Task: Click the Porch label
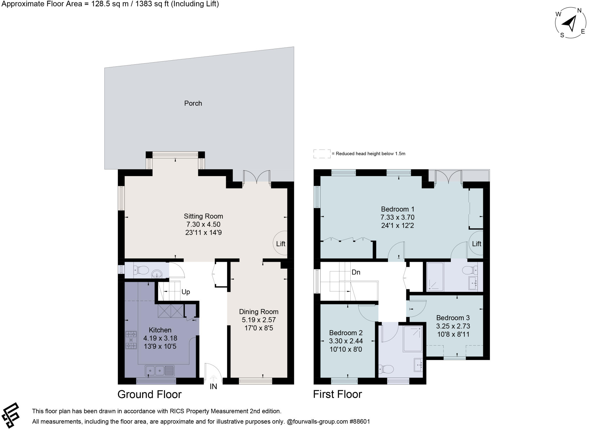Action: (x=193, y=103)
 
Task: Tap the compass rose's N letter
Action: (x=579, y=11)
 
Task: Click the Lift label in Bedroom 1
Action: (x=477, y=244)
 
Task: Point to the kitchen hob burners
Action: (x=131, y=340)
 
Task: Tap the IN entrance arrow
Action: (x=213, y=378)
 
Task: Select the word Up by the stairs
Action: (x=186, y=292)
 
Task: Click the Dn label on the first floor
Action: (x=356, y=272)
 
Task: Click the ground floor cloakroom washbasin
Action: (x=157, y=273)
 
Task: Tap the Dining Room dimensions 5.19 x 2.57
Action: (x=259, y=320)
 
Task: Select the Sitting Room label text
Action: (x=203, y=216)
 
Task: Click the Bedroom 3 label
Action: (x=453, y=318)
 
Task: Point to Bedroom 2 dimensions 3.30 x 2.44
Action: (x=346, y=341)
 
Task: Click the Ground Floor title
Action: (x=149, y=395)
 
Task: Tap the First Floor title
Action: (x=337, y=395)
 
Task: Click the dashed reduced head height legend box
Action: (x=322, y=154)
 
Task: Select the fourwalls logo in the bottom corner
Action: (x=10, y=415)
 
